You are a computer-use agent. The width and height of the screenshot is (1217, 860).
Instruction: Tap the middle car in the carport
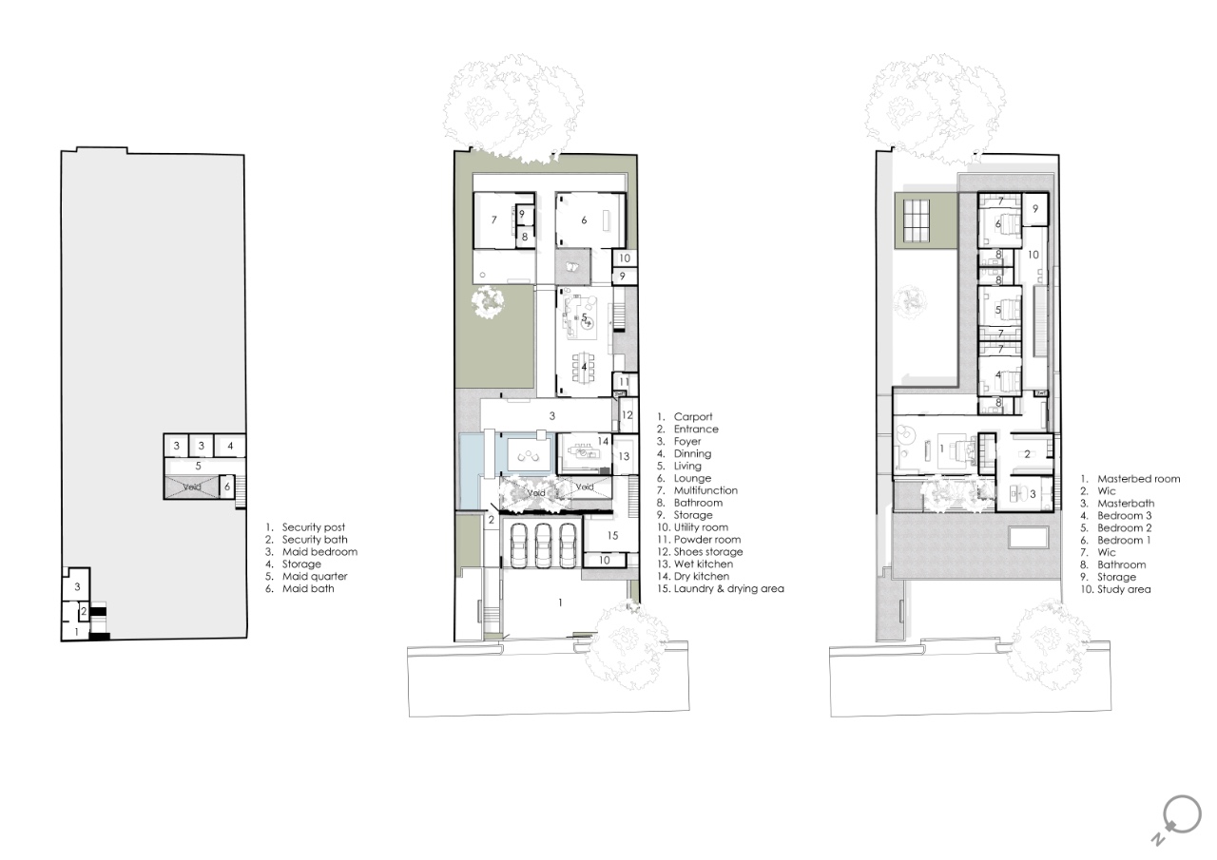point(543,545)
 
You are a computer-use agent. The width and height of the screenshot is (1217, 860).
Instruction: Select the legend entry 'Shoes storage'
point(700,551)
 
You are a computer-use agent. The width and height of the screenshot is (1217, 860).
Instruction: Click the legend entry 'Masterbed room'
point(1130,479)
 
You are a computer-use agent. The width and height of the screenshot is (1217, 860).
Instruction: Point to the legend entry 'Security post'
point(305,527)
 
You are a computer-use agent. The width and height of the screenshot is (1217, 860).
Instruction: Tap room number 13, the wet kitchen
point(624,456)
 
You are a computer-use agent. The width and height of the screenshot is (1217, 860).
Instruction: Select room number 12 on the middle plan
point(627,415)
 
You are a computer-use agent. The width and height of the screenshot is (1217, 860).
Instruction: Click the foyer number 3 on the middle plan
point(552,416)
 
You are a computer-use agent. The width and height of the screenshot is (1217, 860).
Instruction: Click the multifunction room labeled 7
point(493,220)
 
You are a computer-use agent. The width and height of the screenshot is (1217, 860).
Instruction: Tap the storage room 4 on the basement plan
point(230,446)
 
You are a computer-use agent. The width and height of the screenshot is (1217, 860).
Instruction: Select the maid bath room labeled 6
point(227,487)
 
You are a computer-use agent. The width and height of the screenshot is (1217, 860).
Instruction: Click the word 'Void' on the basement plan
point(192,487)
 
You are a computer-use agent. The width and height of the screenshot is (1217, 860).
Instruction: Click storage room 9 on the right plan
point(1035,208)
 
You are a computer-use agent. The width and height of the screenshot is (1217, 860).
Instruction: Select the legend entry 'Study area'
point(1115,589)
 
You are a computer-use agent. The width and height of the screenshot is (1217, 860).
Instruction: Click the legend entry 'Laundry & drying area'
point(721,588)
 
